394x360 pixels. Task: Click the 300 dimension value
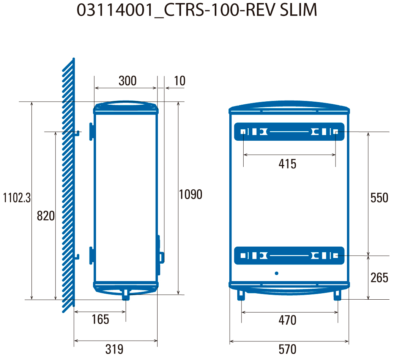[128, 81]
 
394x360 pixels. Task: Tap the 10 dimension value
[180, 81]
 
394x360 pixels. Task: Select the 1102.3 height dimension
[17, 198]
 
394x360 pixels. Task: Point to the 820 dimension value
[46, 216]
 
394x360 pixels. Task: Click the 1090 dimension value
[191, 195]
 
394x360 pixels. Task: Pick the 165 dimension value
[100, 319]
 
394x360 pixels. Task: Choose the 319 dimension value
[114, 349]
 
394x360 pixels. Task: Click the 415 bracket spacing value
[287, 164]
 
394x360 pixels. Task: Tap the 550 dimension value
[380, 198]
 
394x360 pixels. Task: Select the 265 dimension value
[380, 278]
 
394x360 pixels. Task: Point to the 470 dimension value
[287, 320]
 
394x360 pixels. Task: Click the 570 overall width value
[287, 349]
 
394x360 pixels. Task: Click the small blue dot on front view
[276, 273]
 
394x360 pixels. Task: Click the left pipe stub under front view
[241, 295]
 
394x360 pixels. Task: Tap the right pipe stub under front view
[337, 295]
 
